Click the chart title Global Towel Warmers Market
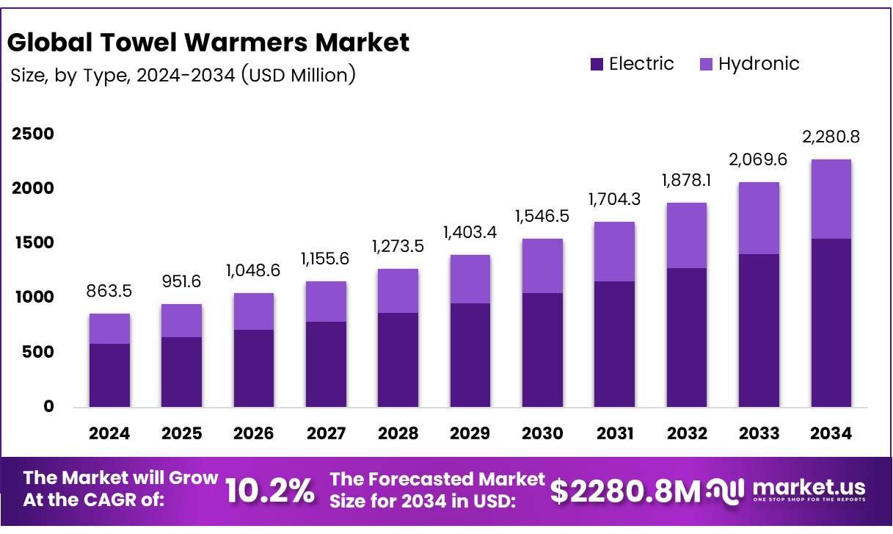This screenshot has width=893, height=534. (208, 43)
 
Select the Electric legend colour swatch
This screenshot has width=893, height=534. (597, 65)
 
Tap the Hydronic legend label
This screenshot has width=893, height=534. (758, 64)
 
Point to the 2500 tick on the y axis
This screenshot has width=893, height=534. (32, 134)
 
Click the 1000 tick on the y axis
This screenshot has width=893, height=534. (32, 297)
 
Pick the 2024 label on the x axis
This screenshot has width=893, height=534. (109, 433)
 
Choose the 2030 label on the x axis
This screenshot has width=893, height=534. (542, 433)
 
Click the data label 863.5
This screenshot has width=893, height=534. (109, 291)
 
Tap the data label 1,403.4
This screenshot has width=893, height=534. (470, 232)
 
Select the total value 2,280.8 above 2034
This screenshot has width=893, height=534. (831, 137)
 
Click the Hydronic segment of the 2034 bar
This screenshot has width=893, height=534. (831, 198)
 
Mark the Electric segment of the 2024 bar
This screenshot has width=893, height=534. (109, 375)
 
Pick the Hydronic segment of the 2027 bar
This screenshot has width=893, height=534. (326, 301)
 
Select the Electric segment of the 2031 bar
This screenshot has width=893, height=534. (614, 344)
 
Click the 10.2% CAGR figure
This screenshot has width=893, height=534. (270, 491)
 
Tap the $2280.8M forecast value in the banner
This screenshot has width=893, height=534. (625, 491)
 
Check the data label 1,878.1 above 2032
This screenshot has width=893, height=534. (687, 180)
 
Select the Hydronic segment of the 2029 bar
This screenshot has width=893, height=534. (470, 279)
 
